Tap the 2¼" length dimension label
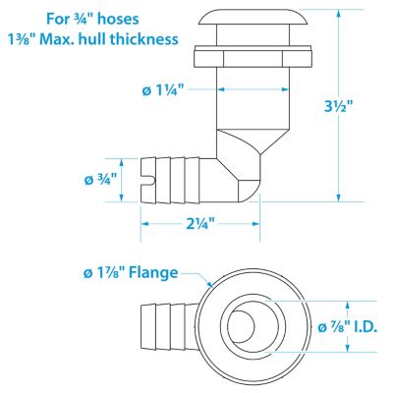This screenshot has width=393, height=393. [x=200, y=225]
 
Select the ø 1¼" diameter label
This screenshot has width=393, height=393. [x=160, y=89]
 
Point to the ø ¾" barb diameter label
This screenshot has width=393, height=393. [x=101, y=179]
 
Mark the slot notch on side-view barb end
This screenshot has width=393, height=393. [x=145, y=178]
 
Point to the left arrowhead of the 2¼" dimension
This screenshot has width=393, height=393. [x=144, y=225]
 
